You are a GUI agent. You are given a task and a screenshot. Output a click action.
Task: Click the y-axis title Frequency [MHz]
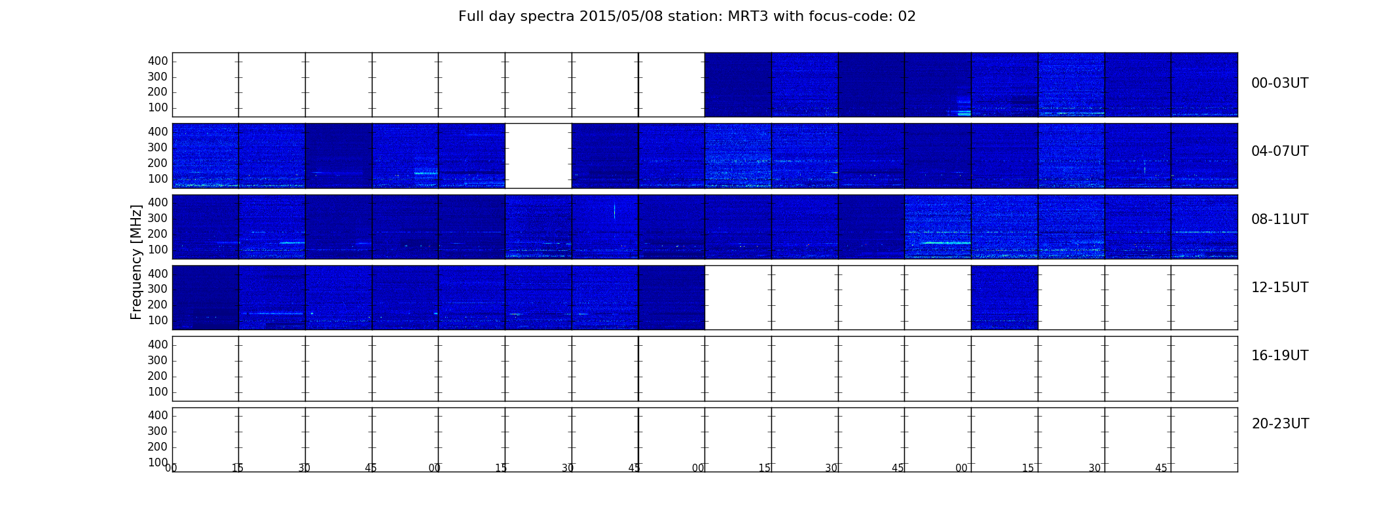tap(136, 262)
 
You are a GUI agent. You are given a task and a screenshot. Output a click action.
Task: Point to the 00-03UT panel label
tap(1280, 83)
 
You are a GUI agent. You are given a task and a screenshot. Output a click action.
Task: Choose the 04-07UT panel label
tap(1280, 151)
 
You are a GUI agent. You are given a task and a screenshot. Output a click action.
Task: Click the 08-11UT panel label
tap(1280, 219)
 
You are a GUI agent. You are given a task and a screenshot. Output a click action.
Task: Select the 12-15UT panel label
tap(1280, 288)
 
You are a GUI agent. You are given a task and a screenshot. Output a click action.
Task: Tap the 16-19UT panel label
tap(1280, 356)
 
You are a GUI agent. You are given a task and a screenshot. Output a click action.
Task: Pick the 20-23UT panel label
tap(1280, 424)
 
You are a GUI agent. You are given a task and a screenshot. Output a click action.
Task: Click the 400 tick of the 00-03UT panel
tap(158, 61)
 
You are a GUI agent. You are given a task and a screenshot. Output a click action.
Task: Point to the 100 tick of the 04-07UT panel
tap(158, 179)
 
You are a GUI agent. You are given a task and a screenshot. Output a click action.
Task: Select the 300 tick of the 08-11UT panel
tap(158, 218)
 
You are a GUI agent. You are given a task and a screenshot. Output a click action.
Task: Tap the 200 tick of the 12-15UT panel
tap(158, 305)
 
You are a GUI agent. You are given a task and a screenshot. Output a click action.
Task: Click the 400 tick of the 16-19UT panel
tap(158, 345)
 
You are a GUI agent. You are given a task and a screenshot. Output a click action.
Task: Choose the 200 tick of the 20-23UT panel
tap(158, 447)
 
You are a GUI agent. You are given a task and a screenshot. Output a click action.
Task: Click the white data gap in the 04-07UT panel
tap(538, 156)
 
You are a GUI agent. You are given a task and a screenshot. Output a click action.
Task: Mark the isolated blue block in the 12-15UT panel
tap(1004, 297)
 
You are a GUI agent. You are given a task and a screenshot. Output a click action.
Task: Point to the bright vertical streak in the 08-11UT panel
tap(614, 211)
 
